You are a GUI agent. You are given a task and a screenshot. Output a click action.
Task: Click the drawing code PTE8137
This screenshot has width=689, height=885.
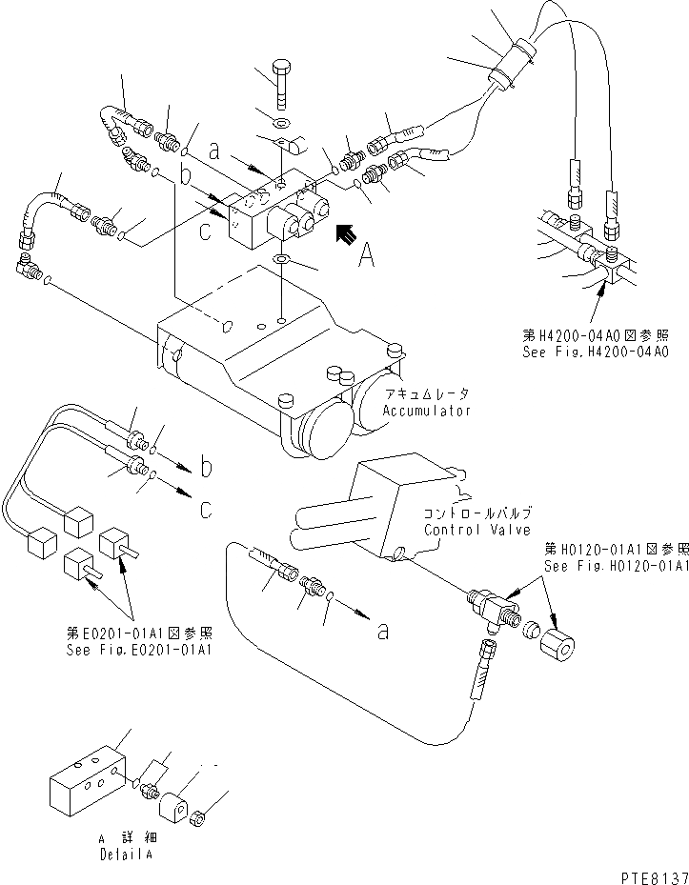644,875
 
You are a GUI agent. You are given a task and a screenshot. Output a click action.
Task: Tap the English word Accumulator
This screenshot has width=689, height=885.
427,411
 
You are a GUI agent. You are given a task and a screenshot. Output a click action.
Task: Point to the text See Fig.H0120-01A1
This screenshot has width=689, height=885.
616,566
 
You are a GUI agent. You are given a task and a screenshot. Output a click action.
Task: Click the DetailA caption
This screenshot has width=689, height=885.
123,855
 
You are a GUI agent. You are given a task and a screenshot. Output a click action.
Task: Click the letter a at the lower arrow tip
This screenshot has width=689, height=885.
382,630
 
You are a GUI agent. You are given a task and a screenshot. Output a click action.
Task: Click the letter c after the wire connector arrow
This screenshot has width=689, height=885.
206,510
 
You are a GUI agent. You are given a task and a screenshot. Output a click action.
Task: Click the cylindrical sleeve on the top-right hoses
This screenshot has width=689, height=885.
508,66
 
